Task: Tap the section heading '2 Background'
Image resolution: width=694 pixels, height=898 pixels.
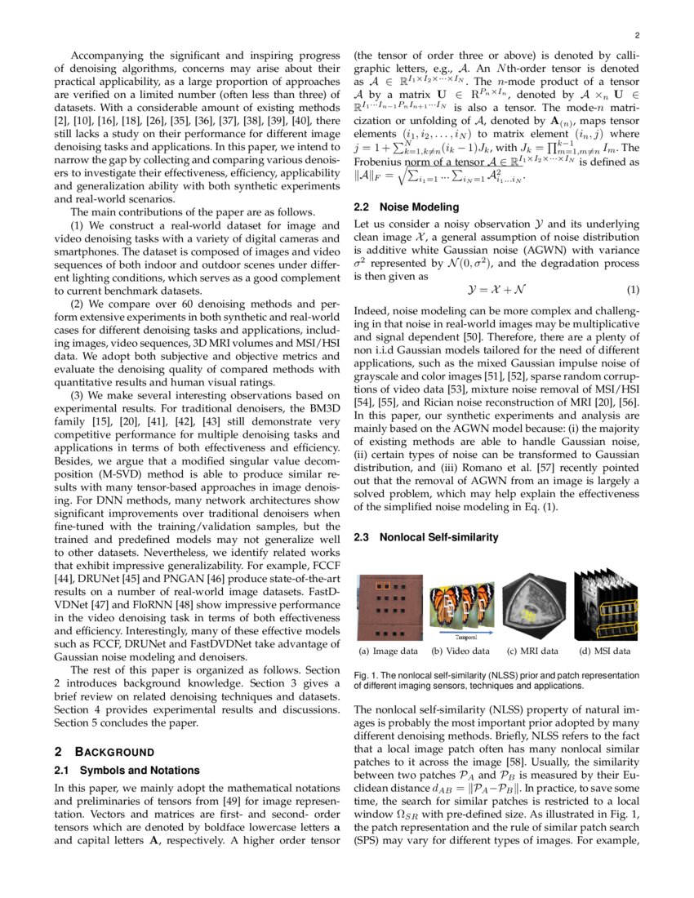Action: pos(104,751)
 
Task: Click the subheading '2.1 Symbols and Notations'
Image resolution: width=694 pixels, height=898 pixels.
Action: pos(126,770)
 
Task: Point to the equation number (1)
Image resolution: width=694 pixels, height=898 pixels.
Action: pos(633,291)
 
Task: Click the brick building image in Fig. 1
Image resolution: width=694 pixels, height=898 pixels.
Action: pos(390,606)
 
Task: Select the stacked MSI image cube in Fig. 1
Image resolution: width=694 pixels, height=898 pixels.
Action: pos(605,606)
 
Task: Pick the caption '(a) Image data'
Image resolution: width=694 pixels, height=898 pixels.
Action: pos(389,651)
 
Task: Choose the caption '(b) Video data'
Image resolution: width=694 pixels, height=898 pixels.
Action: pos(460,651)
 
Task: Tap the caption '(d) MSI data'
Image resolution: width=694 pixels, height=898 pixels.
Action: pos(605,651)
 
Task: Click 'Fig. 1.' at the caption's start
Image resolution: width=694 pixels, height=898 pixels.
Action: pos(365,676)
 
